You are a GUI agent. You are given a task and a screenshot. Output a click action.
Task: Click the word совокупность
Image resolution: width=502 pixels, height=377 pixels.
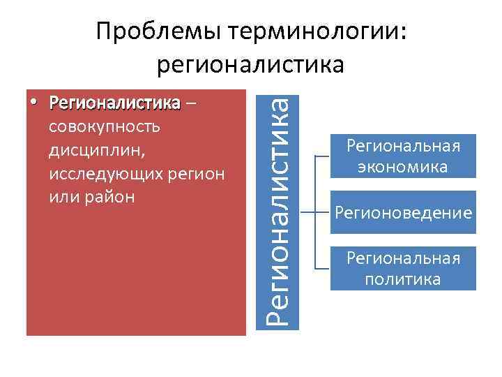[105, 127]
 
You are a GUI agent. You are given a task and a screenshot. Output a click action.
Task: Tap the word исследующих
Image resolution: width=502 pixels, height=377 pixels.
[103, 173]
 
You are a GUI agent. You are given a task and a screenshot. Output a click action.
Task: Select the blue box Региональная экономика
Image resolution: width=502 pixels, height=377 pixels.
[403, 156]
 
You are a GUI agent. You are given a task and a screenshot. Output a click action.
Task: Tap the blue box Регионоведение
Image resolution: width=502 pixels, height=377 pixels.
[403, 212]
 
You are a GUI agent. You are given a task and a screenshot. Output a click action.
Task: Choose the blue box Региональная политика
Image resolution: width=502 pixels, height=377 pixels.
[403, 269]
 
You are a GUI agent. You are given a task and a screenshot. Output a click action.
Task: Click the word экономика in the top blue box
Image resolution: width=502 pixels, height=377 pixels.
[403, 168]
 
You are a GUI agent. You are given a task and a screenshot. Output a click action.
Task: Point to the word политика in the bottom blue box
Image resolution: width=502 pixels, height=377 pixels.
[403, 280]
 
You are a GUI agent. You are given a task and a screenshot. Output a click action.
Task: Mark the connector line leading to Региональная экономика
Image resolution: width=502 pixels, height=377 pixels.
[322, 156]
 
